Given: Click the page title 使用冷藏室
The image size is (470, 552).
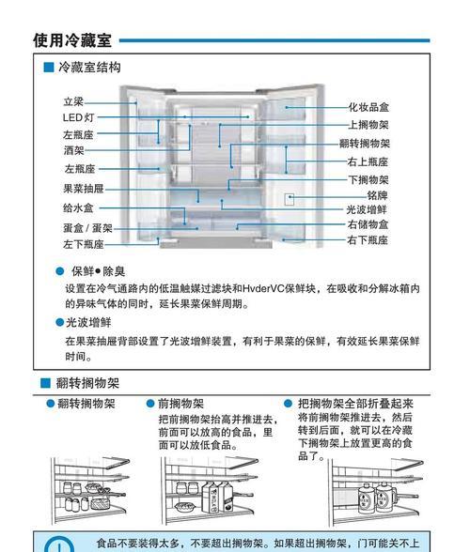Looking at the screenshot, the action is tap(72, 40).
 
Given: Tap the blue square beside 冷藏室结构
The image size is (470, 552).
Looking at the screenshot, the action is tap(48, 68).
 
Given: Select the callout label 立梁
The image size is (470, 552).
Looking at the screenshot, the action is tap(73, 101).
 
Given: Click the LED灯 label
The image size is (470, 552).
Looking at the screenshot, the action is tap(78, 117).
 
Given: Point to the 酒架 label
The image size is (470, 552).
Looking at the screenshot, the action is tap(74, 150).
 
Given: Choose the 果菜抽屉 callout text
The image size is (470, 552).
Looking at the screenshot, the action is tap(84, 189).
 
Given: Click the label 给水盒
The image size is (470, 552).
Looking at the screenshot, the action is tap(78, 208).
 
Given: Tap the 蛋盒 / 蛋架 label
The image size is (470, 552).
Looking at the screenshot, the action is tap(87, 228).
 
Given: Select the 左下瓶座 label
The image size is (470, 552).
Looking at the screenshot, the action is tap(84, 244).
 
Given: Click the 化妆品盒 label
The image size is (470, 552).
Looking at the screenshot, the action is tap(368, 107).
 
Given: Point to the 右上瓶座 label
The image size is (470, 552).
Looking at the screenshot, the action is tap(368, 161).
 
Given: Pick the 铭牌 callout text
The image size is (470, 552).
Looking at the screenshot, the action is tap(377, 195).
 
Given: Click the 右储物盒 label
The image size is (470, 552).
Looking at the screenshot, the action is tap(368, 224).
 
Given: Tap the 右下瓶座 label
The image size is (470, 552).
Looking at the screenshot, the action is tap(368, 240).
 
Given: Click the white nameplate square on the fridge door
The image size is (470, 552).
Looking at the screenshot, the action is tap(290, 199).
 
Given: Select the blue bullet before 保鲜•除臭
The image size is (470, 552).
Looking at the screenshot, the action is tap(60, 271).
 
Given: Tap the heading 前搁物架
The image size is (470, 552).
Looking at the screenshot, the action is tap(180, 404).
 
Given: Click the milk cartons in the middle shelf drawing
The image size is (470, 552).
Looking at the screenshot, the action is tap(217, 497).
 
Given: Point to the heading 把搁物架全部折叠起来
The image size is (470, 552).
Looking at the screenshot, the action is tap(355, 404).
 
